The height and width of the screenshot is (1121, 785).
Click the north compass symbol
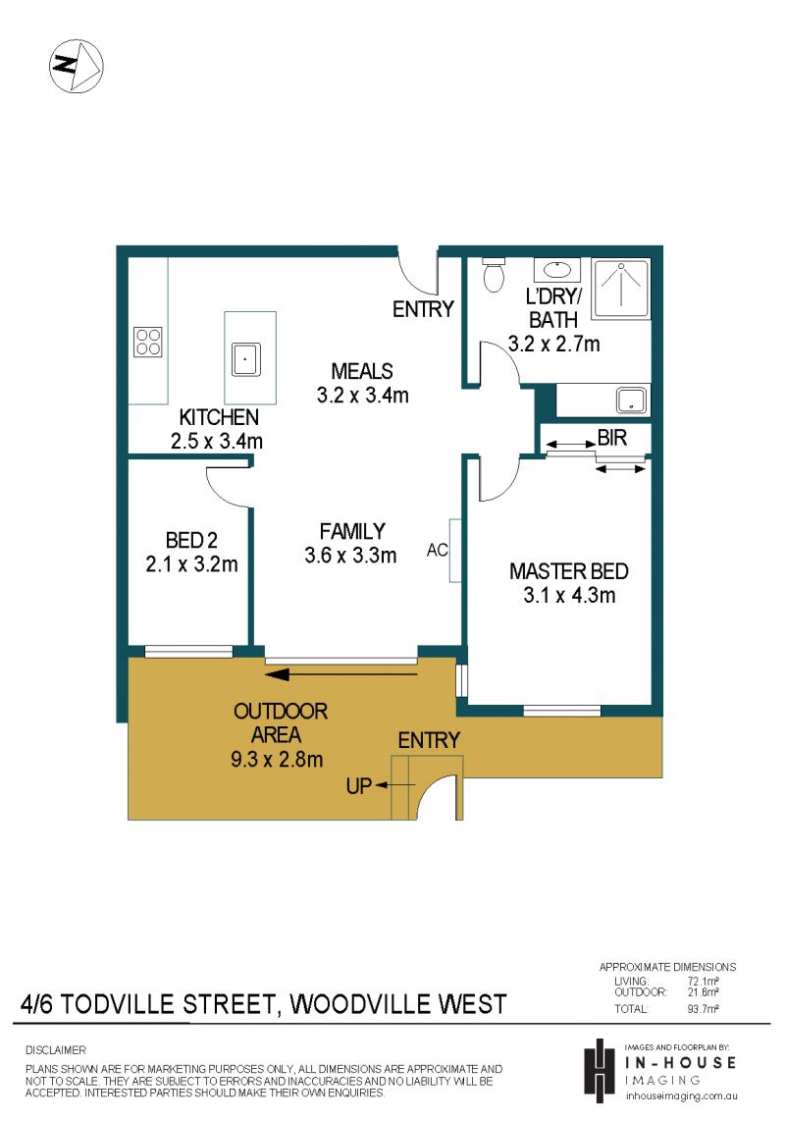[77, 66]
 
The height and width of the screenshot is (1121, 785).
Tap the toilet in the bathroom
[494, 275]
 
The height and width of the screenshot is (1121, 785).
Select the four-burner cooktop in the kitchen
[148, 341]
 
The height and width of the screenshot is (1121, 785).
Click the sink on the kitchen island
[245, 359]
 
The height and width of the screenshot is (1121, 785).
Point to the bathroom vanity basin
[557, 270]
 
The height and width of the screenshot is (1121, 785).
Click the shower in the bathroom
[620, 289]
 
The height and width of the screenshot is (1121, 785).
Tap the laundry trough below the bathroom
[632, 400]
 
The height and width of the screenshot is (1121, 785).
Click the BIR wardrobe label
[612, 438]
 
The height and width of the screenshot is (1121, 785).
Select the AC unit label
[437, 550]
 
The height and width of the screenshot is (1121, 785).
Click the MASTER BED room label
[569, 571]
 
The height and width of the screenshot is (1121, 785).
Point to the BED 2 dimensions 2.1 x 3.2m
[191, 564]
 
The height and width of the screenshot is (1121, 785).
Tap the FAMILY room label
[352, 531]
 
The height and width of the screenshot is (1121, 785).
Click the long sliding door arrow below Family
[341, 673]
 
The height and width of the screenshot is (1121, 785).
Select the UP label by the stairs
[358, 785]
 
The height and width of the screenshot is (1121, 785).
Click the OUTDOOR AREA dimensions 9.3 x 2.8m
[277, 759]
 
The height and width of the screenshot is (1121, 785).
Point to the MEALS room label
[362, 371]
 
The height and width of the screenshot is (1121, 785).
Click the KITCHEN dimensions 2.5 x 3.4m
[217, 441]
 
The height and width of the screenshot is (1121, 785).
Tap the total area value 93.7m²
[703, 1009]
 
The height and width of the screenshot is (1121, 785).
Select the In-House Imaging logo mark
[600, 1070]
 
